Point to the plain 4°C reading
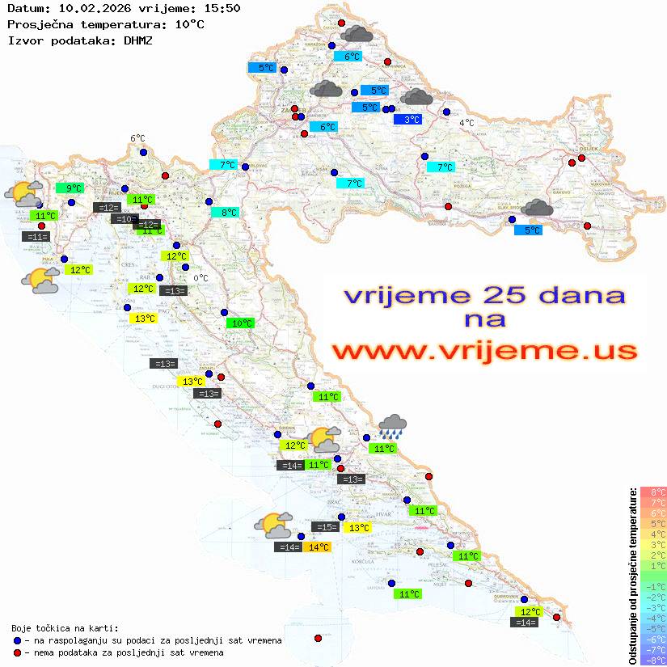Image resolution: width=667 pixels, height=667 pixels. [466, 123]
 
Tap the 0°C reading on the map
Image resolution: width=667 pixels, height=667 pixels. [201, 278]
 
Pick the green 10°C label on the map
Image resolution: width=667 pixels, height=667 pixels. [241, 323]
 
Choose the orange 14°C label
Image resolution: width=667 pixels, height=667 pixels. [318, 547]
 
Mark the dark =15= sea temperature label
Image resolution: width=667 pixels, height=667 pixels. [325, 527]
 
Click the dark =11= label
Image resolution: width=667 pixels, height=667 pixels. [36, 237]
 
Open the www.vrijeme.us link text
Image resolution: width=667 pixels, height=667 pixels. [483, 351]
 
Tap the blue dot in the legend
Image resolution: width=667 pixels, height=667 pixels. [17, 640]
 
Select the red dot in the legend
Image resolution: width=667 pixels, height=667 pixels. [17, 652]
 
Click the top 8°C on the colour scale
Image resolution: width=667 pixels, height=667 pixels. [653, 492]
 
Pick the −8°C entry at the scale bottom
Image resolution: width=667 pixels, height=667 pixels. [653, 661]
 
